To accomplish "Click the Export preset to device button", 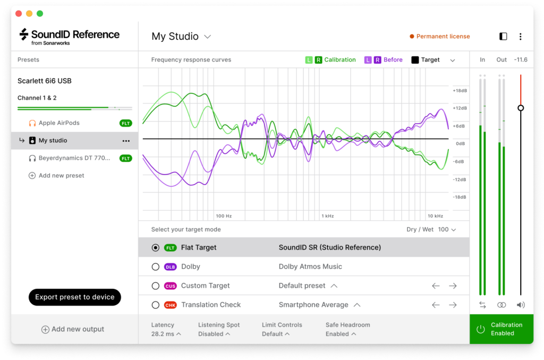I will pos(75,297).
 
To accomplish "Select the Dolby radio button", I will pos(156,267).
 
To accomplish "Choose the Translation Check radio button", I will pos(156,305).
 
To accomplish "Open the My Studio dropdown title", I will pos(181,37).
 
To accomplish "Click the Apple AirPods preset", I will pos(59,123).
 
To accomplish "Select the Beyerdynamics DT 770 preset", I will pos(68,158).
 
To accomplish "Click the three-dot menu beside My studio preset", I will pos(126,141).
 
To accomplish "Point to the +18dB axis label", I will pos(459,91).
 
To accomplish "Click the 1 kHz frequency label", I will pos(327,216).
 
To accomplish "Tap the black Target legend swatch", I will pos(415,60).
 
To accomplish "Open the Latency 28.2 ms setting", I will pos(166,334).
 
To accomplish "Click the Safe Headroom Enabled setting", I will pos(341,334).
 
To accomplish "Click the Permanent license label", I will pos(443,37).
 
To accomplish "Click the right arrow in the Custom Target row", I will pos(453,286).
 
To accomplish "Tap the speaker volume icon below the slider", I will pos(521,305).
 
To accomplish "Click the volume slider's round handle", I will pos(521,108).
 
